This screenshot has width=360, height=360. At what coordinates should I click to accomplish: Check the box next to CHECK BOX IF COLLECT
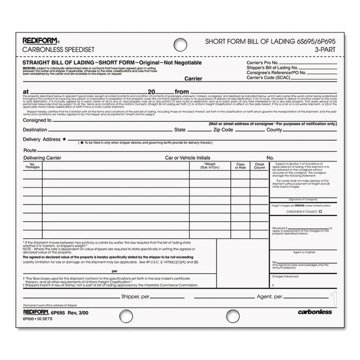pos(320,212)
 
